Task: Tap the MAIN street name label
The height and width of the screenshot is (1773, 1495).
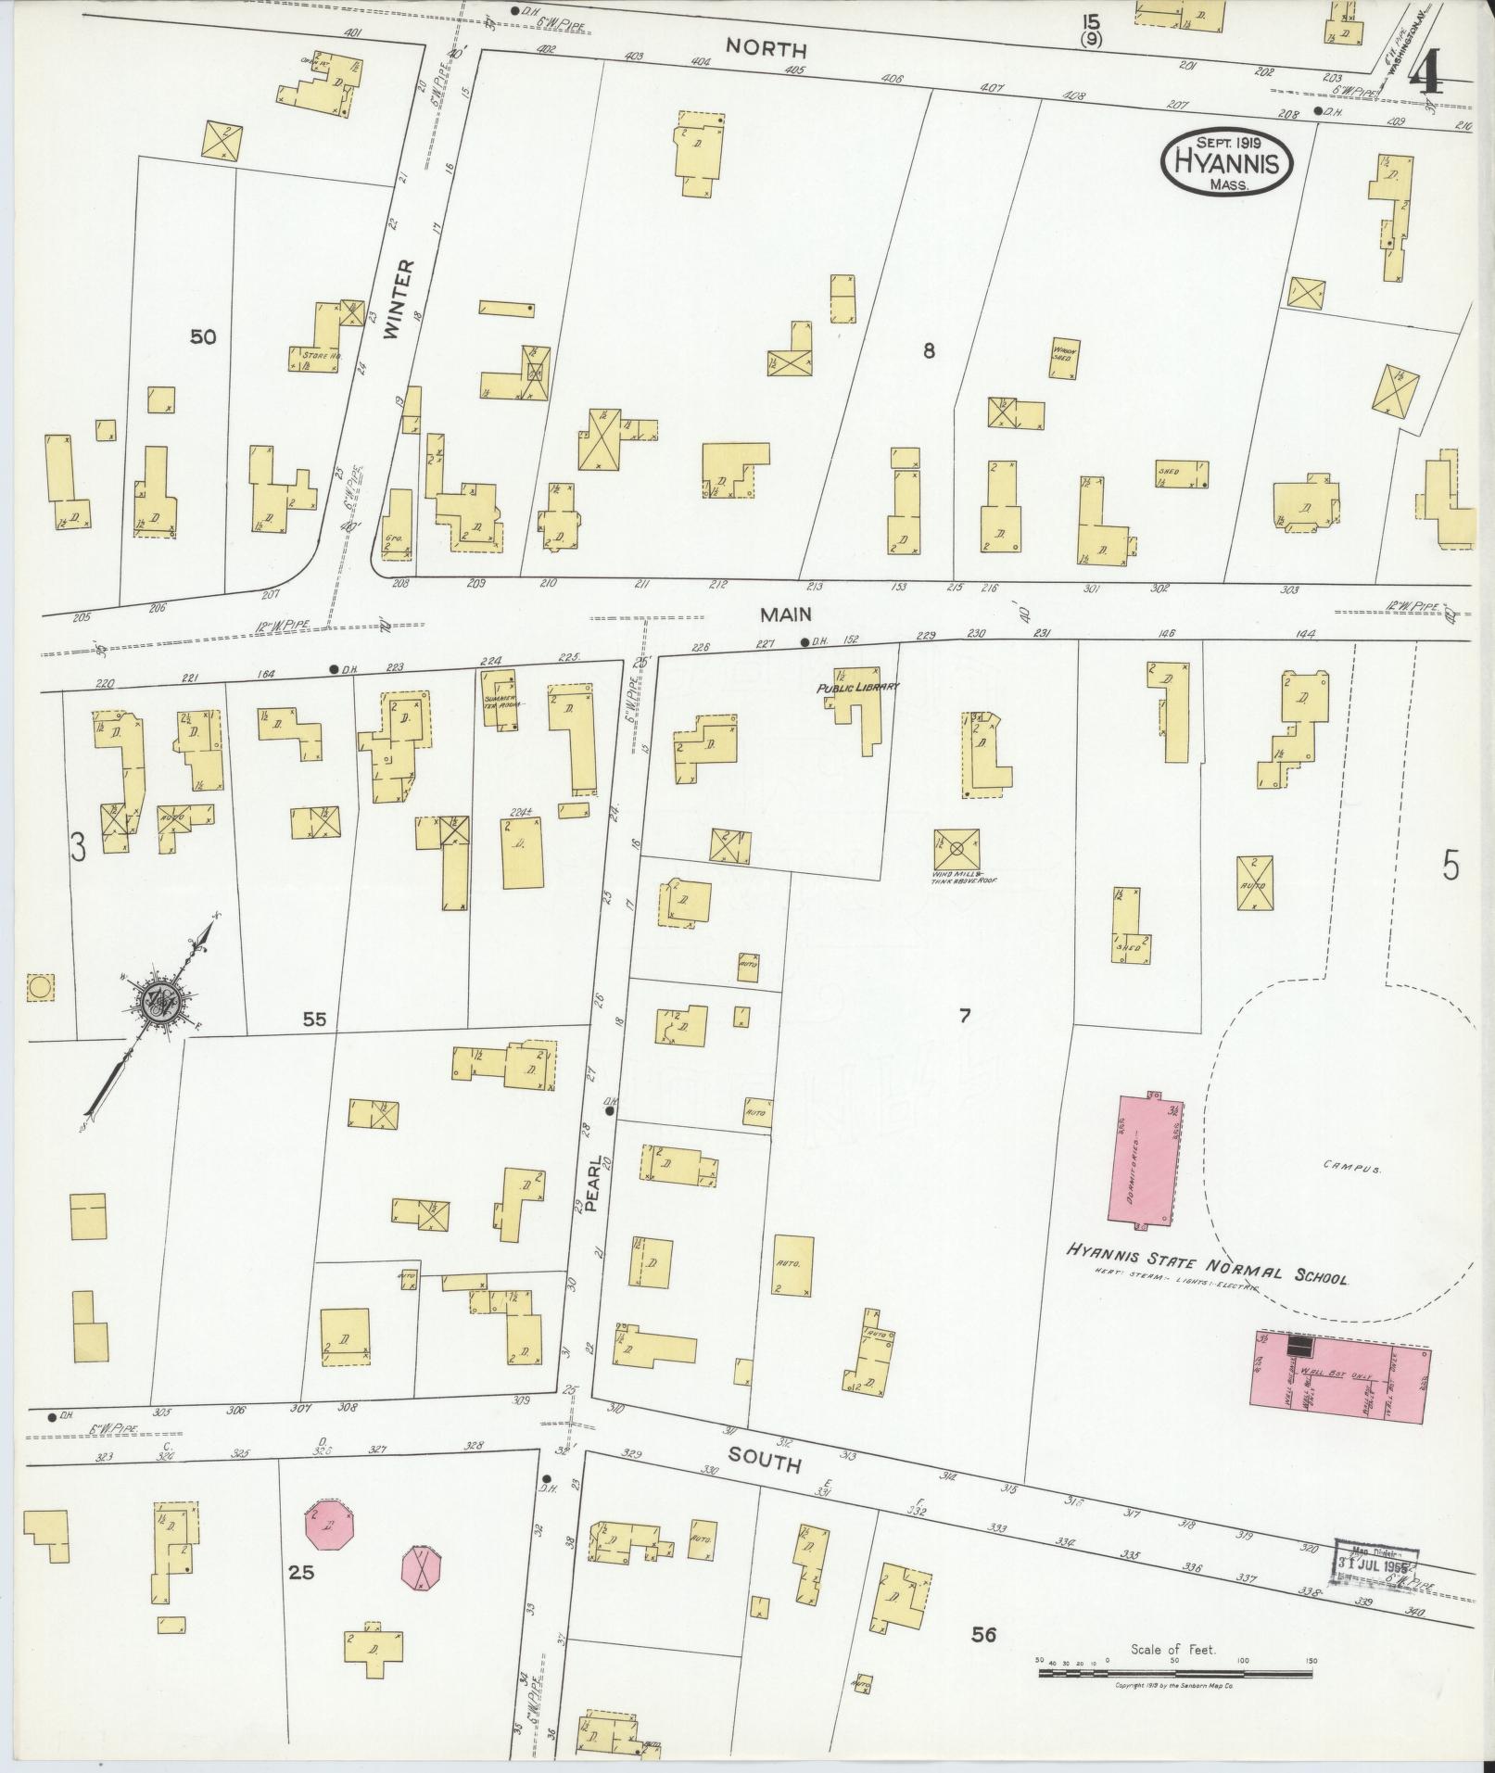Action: pyautogui.click(x=786, y=614)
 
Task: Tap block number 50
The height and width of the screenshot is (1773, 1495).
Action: pyautogui.click(x=203, y=337)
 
